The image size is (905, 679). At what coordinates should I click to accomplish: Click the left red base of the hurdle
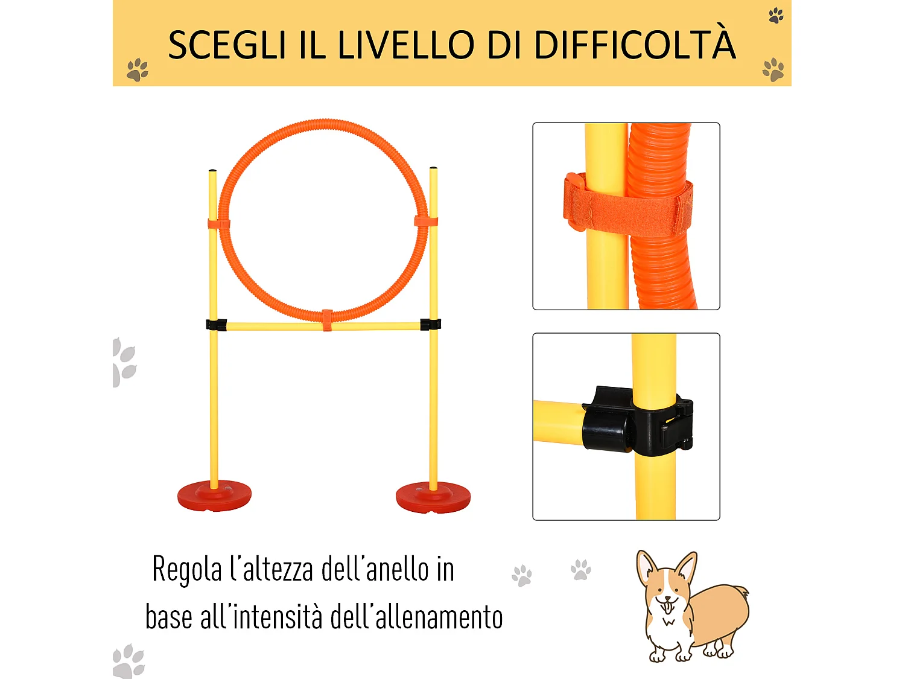[214, 496]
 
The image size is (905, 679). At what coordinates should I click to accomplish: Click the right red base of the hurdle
[433, 497]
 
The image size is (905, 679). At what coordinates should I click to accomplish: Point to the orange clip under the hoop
[327, 320]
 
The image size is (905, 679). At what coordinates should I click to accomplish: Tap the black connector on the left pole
[217, 325]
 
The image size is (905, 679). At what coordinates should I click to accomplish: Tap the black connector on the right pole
[430, 325]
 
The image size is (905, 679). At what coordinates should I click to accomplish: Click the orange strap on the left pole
[218, 224]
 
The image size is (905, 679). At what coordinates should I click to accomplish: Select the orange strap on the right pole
[426, 221]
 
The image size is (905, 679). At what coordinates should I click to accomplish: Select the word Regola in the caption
[187, 570]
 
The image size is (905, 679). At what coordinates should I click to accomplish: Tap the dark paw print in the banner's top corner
[776, 15]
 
